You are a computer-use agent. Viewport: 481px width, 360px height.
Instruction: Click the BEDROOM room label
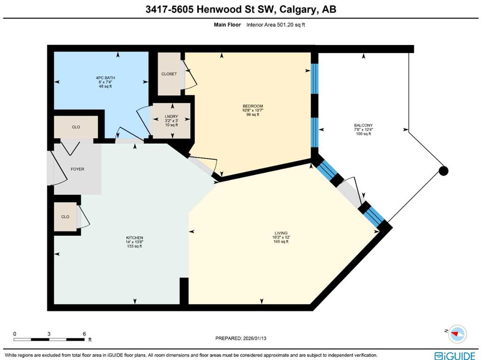tap(253, 106)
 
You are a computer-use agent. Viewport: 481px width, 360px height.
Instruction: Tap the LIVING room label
tap(281, 233)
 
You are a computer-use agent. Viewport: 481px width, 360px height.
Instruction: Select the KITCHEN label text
tap(135, 238)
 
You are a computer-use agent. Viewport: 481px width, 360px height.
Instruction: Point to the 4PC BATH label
tap(106, 78)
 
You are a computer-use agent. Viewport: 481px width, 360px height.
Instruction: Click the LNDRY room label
tap(171, 117)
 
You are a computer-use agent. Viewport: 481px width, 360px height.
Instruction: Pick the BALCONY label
tap(364, 125)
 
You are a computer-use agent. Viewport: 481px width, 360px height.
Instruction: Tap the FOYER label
tap(78, 169)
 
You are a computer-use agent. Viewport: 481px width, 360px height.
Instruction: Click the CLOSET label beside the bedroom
tap(169, 74)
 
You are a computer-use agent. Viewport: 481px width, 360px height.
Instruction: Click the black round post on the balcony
tap(443, 171)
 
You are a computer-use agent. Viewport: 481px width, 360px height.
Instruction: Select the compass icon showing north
tap(457, 334)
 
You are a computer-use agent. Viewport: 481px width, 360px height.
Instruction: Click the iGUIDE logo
tap(455, 356)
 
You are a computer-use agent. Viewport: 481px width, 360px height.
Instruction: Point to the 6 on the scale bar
tap(85, 334)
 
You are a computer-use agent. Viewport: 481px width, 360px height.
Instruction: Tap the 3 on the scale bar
tap(49, 334)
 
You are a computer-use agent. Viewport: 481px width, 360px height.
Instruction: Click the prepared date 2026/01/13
tap(255, 338)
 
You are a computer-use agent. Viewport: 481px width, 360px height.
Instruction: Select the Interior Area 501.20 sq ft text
tap(276, 25)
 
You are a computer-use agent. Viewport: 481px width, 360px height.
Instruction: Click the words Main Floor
tap(227, 25)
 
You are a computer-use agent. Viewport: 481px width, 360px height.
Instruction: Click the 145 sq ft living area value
tap(281, 242)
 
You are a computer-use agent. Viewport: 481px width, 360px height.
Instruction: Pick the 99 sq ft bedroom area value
tap(253, 115)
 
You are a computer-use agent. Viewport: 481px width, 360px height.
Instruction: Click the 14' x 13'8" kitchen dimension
tap(135, 242)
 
